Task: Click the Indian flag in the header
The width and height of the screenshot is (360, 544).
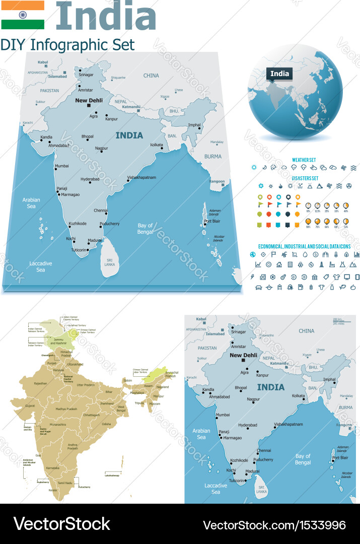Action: tap(23, 15)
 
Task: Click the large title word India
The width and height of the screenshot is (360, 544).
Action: tap(106, 16)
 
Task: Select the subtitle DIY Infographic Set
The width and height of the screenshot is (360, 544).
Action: tap(67, 44)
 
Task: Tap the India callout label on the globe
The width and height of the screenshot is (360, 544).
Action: tap(280, 74)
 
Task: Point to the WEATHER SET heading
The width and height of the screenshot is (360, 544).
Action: tap(305, 160)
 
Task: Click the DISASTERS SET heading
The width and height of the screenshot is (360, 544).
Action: tap(305, 178)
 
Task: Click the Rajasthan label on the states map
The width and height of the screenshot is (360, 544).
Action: tap(40, 383)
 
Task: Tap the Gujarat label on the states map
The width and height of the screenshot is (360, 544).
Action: tap(30, 405)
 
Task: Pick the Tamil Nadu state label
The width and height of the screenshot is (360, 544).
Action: tap(65, 483)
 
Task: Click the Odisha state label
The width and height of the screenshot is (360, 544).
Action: tap(106, 424)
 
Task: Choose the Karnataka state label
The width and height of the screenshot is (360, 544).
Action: tap(53, 467)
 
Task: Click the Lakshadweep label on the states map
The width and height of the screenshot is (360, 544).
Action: tap(111, 475)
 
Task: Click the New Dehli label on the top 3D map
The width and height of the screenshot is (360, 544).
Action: tap(89, 100)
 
